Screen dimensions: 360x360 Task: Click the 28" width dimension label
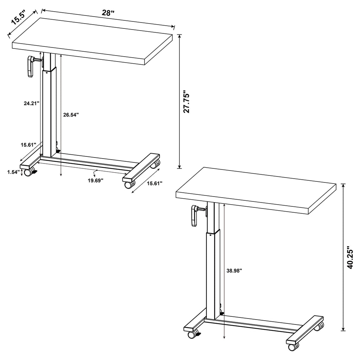(x=108, y=13)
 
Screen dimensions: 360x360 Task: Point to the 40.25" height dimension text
(x=350, y=257)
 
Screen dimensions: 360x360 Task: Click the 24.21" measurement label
(x=30, y=103)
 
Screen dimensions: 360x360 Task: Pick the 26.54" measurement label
(x=71, y=115)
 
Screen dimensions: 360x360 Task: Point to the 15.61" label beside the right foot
(x=154, y=184)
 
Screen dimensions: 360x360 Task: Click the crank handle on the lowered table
(x=30, y=66)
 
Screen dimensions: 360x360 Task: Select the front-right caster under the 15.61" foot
(x=129, y=184)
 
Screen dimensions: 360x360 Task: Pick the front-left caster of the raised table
(x=193, y=334)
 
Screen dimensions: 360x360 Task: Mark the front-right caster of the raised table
(x=292, y=347)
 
